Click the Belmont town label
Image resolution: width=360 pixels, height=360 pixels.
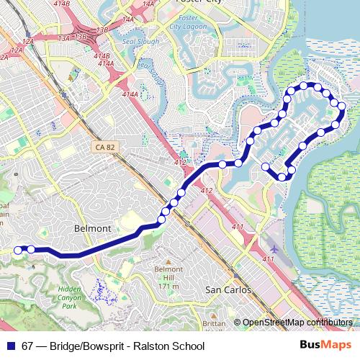93,228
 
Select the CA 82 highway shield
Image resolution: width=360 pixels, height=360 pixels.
104,147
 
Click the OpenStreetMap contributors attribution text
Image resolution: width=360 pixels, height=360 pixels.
297,323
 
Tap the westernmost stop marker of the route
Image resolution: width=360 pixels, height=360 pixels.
19,250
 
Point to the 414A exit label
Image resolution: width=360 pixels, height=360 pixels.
130,94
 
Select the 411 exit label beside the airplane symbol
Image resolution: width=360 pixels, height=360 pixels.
269,259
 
